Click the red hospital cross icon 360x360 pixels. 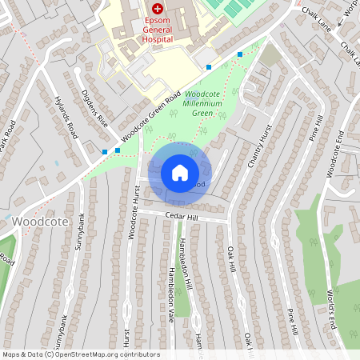[x=157, y=6]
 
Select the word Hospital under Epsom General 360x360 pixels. [x=157, y=38]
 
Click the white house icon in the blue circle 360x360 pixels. [x=180, y=172]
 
